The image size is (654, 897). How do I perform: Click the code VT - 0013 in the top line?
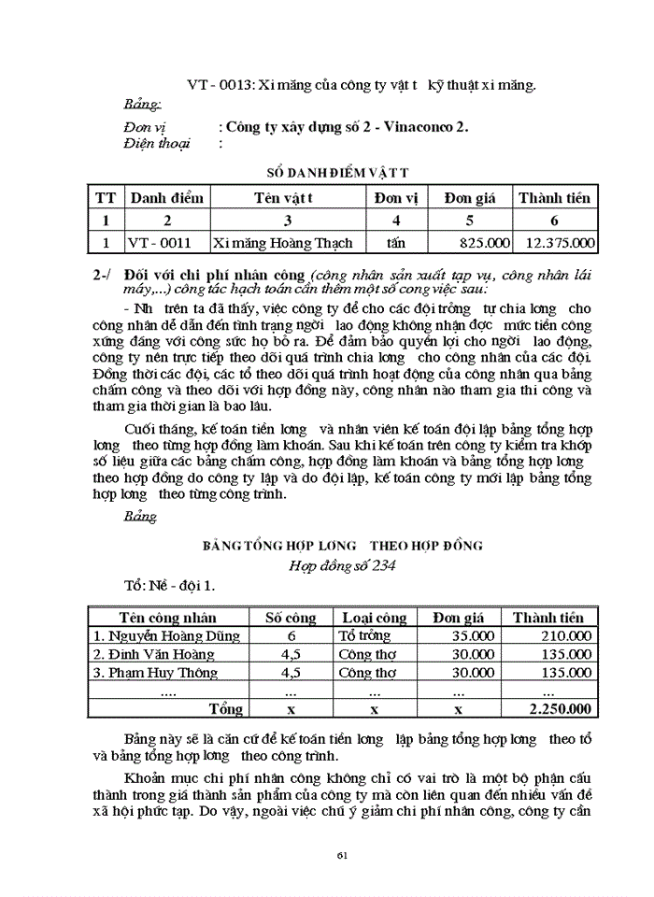coord(216,84)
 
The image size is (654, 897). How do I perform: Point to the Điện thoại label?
coord(156,143)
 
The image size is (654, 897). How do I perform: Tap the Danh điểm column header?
coord(166,198)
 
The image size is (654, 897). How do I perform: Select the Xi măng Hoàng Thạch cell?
coord(283,242)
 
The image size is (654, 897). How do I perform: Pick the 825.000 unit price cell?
coord(485,242)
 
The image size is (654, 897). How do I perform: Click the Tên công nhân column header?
coord(167,617)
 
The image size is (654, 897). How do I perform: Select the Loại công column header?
coord(375,617)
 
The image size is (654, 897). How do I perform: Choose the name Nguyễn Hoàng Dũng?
coord(166,635)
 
